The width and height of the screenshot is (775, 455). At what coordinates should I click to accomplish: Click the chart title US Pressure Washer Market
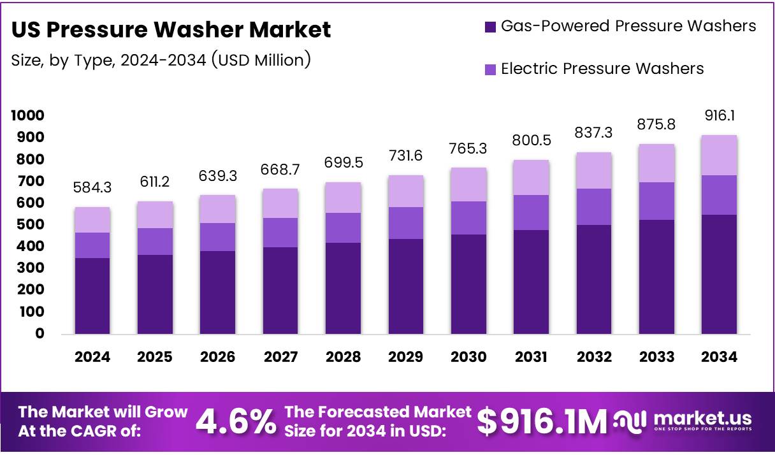click(171, 29)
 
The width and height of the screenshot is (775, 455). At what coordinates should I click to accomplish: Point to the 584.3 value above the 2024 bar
click(92, 188)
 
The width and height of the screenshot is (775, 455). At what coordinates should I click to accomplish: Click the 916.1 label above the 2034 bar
click(720, 116)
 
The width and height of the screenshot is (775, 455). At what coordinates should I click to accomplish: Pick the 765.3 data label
click(468, 148)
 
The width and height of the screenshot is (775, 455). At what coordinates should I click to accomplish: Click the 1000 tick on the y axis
click(27, 115)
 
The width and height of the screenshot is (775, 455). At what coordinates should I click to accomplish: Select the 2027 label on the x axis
click(280, 357)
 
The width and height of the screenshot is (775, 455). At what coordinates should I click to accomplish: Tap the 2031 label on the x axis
click(531, 357)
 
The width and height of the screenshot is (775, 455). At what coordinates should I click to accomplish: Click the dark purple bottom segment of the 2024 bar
click(92, 296)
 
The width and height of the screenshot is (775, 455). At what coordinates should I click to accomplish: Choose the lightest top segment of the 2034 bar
click(720, 155)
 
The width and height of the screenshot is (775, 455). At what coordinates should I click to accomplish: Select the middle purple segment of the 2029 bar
click(406, 223)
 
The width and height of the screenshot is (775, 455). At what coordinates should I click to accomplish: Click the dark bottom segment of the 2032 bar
click(594, 279)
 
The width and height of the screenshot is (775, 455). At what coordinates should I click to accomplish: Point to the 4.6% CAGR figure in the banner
click(235, 421)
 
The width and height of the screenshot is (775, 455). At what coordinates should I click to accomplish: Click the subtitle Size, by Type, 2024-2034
click(161, 61)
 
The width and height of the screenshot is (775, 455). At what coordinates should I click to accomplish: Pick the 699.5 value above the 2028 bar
click(343, 163)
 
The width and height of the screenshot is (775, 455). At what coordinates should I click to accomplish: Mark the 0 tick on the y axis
click(40, 333)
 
